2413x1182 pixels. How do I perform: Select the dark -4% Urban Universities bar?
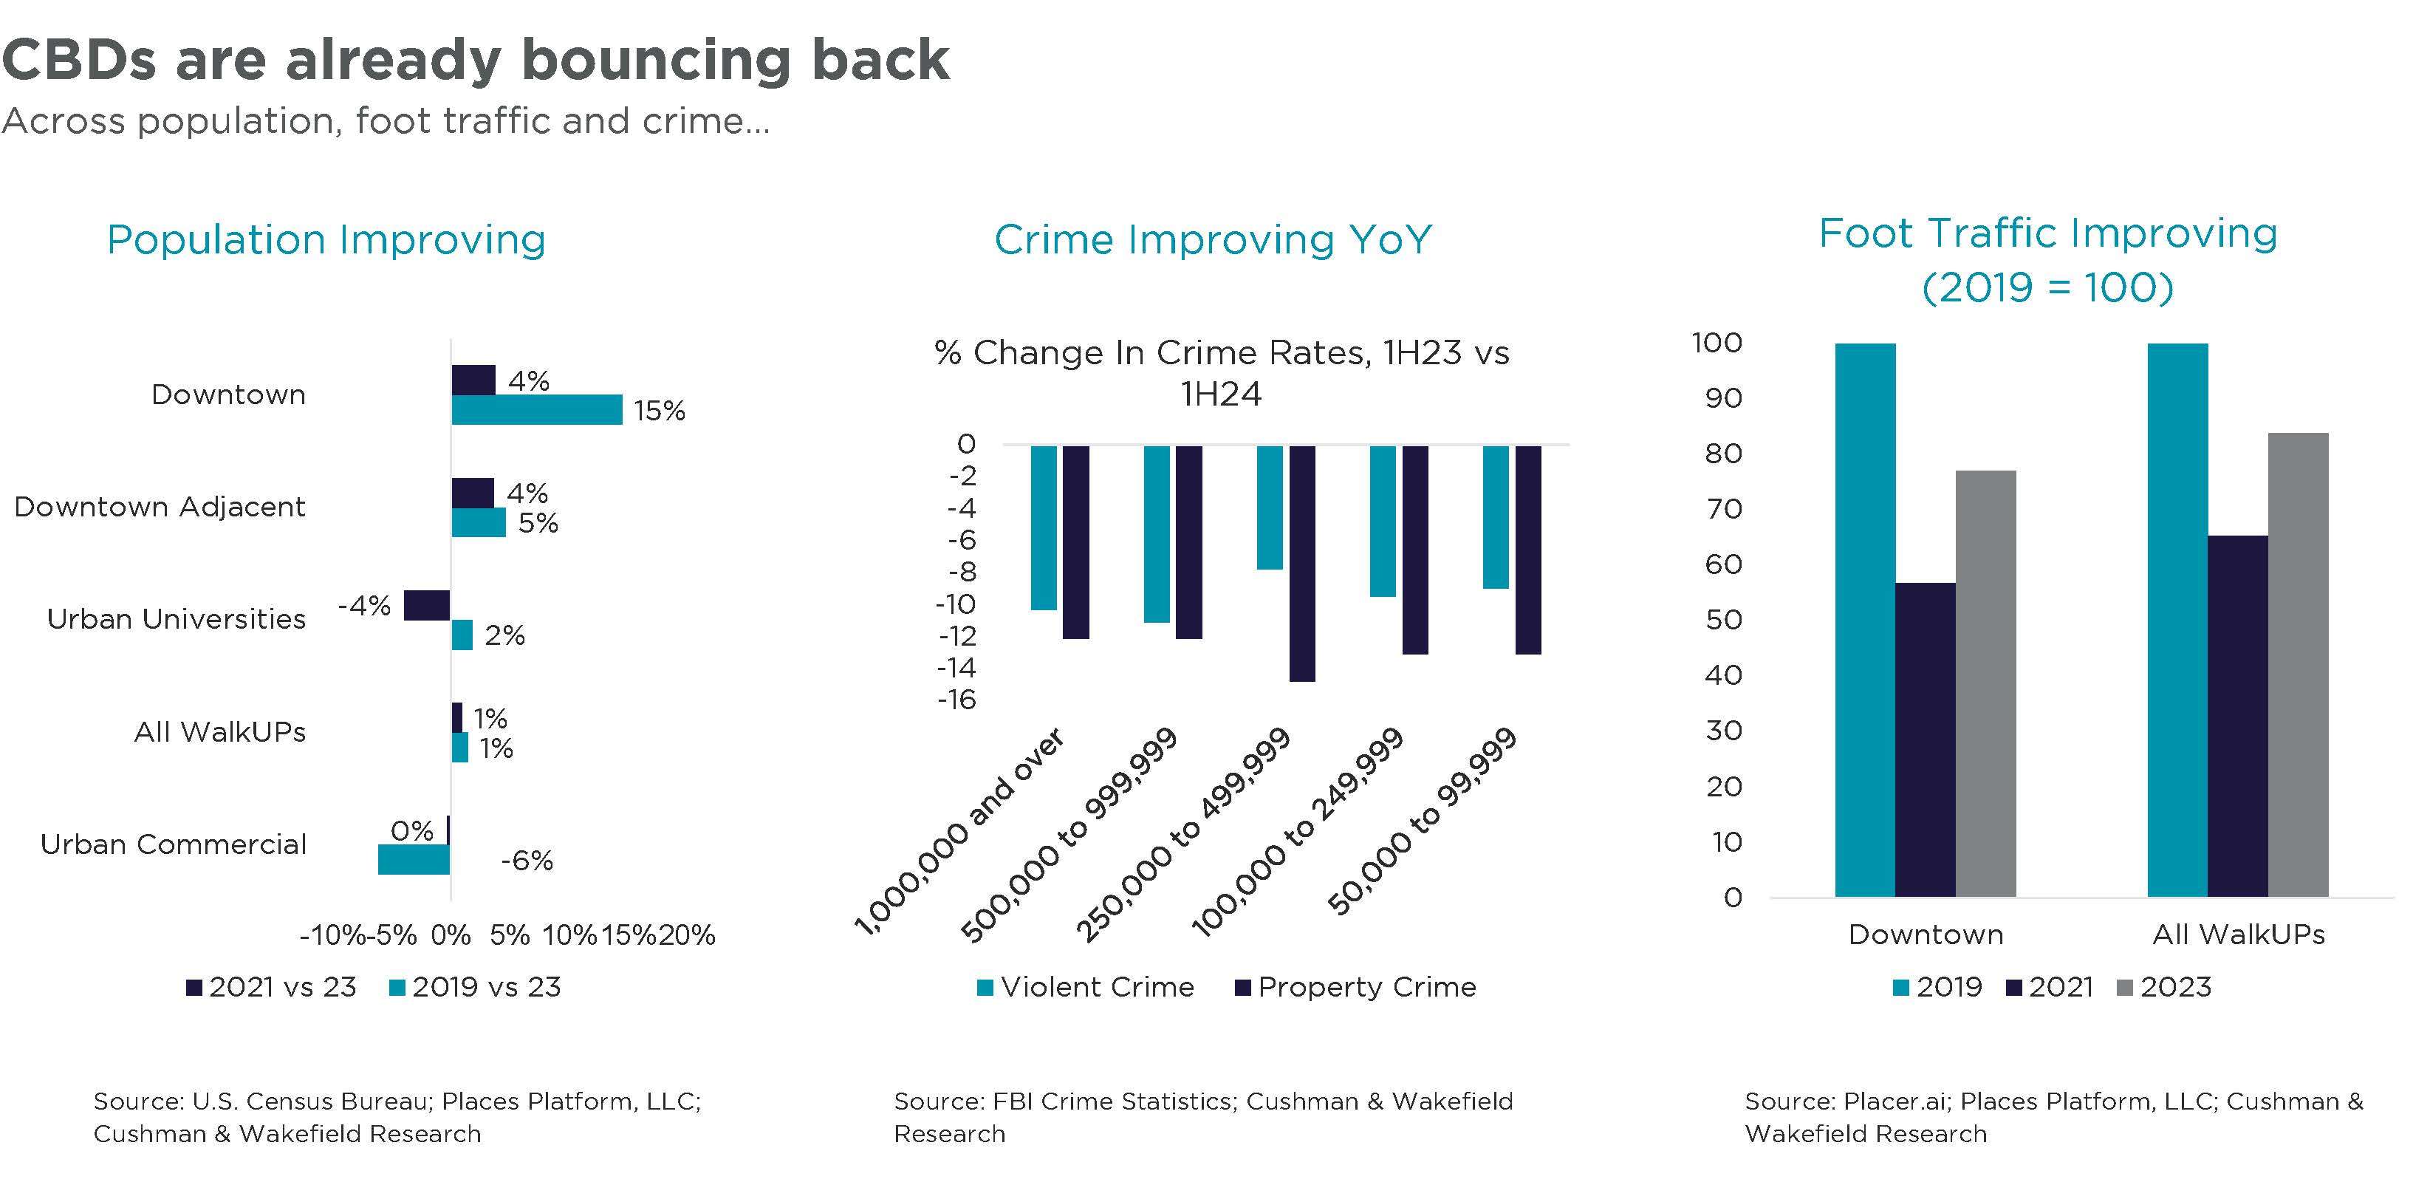pos(426,606)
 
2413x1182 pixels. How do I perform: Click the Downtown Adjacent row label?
pos(160,507)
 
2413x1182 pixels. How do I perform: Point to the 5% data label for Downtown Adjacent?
pos(538,522)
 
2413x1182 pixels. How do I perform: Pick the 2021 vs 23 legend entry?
pos(272,987)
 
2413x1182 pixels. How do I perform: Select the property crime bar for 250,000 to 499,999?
pos(1301,563)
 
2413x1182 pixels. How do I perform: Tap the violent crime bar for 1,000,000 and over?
pos(1044,527)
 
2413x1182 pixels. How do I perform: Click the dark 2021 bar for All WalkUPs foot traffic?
pos(2237,717)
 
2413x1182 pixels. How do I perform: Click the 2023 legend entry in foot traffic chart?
pos(2164,987)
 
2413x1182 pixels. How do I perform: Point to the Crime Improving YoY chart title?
pos(1212,240)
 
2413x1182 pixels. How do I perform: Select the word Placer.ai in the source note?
pos(1896,1101)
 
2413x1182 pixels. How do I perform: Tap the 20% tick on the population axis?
pos(687,935)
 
